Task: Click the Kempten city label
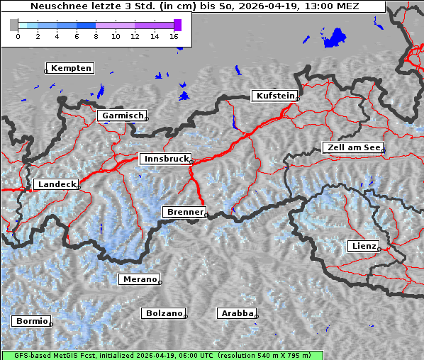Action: [x=71, y=68]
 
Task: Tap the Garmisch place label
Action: [x=123, y=116]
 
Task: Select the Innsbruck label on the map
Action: [x=165, y=159]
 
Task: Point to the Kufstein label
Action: [x=275, y=96]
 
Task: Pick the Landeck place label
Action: [x=56, y=184]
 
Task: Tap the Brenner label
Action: [x=185, y=212]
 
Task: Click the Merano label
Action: [x=139, y=279]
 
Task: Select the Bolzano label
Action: [x=164, y=313]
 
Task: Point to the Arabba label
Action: [x=237, y=313]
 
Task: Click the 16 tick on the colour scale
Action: [x=174, y=35]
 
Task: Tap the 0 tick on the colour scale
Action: [x=17, y=35]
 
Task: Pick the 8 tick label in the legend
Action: [x=96, y=35]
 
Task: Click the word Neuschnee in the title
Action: [x=55, y=6]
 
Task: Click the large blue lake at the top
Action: [x=334, y=38]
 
